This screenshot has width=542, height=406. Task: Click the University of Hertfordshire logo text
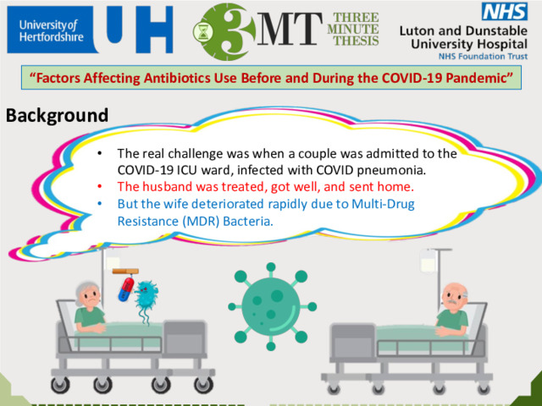[51, 30]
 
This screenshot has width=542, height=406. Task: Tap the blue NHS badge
[505, 11]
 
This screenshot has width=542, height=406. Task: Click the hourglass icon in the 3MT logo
[203, 32]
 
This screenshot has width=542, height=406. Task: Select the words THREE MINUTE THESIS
[353, 29]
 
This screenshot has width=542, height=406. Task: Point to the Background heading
[57, 116]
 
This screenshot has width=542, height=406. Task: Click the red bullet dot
[100, 187]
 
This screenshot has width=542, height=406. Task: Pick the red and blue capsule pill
[126, 289]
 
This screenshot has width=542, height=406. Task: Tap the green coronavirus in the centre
[272, 306]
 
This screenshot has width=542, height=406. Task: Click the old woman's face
[91, 297]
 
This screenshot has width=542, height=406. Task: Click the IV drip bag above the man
[427, 261]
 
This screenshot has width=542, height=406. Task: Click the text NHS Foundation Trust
[483, 57]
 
